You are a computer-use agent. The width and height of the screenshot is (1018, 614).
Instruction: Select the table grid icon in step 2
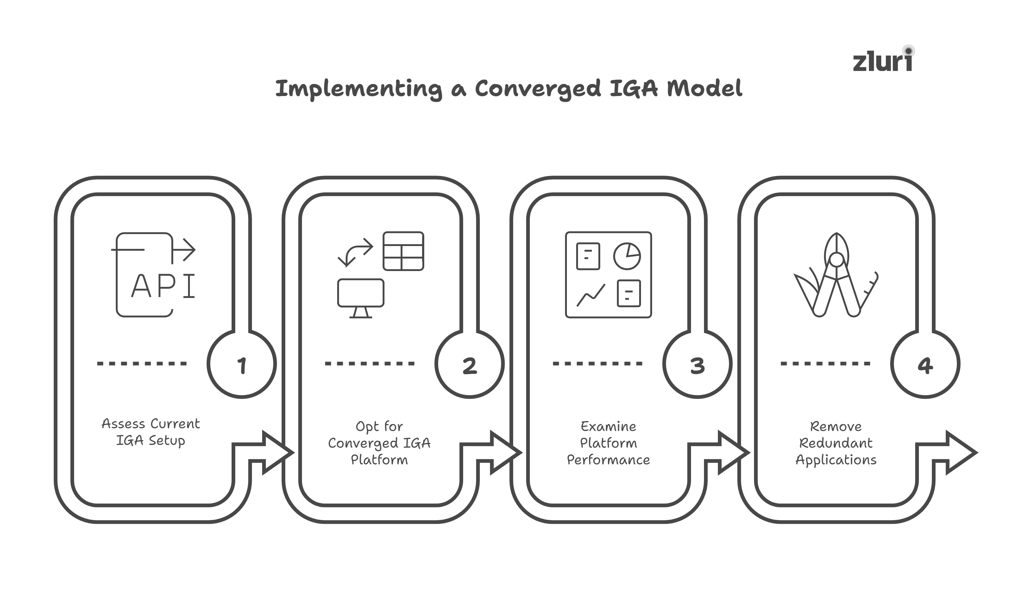point(403,251)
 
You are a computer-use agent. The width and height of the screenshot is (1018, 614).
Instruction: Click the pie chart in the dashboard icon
point(627,256)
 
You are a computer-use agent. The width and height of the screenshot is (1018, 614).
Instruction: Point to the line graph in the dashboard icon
point(591,295)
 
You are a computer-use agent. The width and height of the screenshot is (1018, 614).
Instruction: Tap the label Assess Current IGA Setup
point(151,432)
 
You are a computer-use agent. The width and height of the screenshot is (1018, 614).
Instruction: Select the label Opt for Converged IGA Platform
point(379,443)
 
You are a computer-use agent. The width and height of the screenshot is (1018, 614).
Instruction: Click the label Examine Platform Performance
point(608,443)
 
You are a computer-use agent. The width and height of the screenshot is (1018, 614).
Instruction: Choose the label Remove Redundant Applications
point(836,443)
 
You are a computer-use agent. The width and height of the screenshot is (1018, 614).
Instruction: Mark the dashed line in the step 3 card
point(597,364)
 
